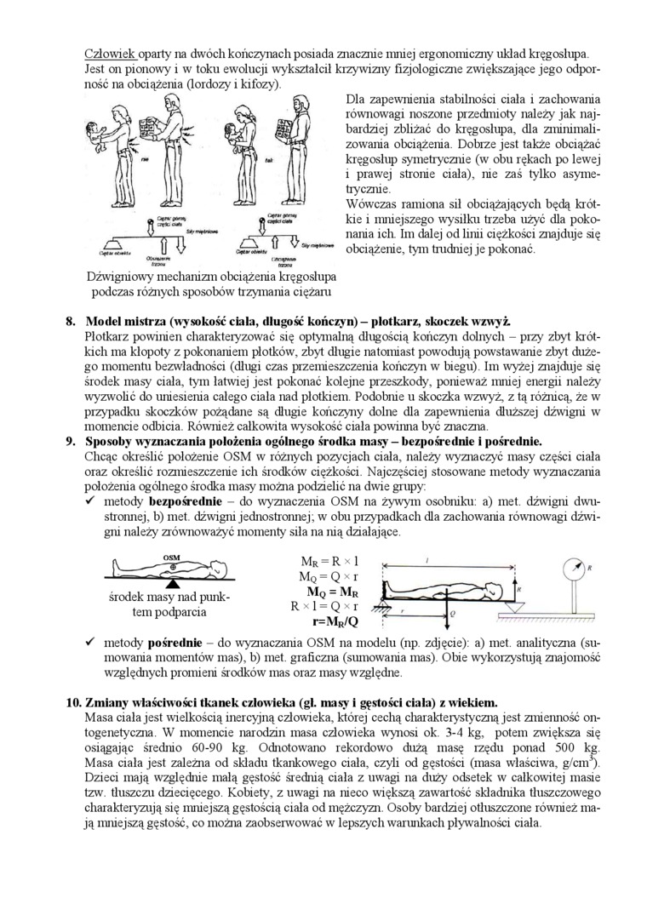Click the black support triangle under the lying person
[x=173, y=586]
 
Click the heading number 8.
[x=71, y=321]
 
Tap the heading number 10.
[x=74, y=702]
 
